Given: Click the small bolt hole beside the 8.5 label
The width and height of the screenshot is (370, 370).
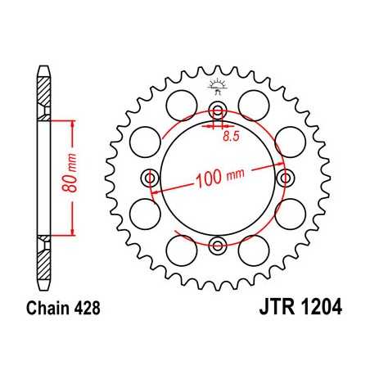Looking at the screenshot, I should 217,111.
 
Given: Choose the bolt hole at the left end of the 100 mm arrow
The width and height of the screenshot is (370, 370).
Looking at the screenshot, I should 150,177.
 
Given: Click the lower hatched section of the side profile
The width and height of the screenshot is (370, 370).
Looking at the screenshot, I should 42,250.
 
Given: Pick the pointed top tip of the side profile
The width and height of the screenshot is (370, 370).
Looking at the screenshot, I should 42,66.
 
